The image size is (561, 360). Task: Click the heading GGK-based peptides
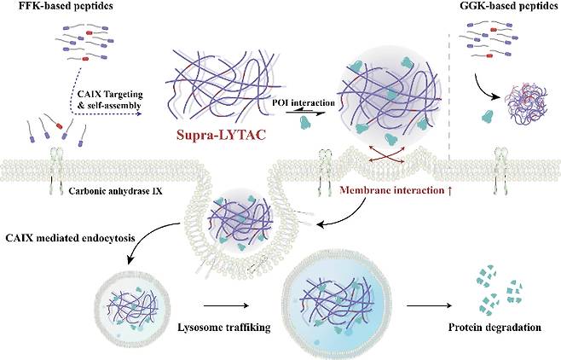pyautogui.click(x=502, y=9)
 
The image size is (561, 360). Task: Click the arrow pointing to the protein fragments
pyautogui.click(x=432, y=303)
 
